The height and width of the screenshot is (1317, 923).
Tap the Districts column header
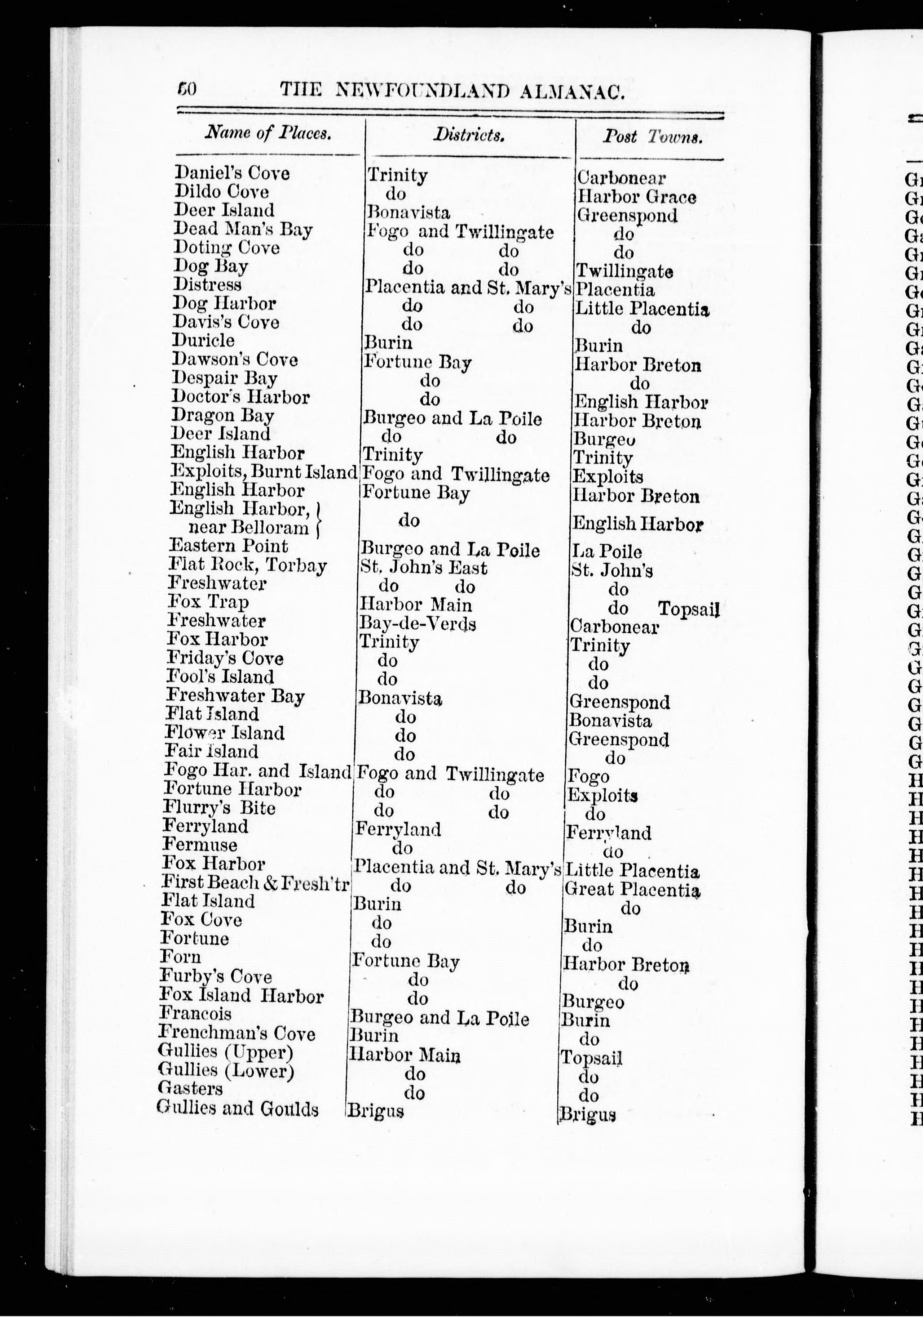coord(469,135)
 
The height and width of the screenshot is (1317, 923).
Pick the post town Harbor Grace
coord(637,197)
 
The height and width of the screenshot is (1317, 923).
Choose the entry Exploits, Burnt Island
coord(264,472)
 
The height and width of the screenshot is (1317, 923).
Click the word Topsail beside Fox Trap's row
coord(688,608)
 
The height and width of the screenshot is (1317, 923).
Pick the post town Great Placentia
coord(632,890)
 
